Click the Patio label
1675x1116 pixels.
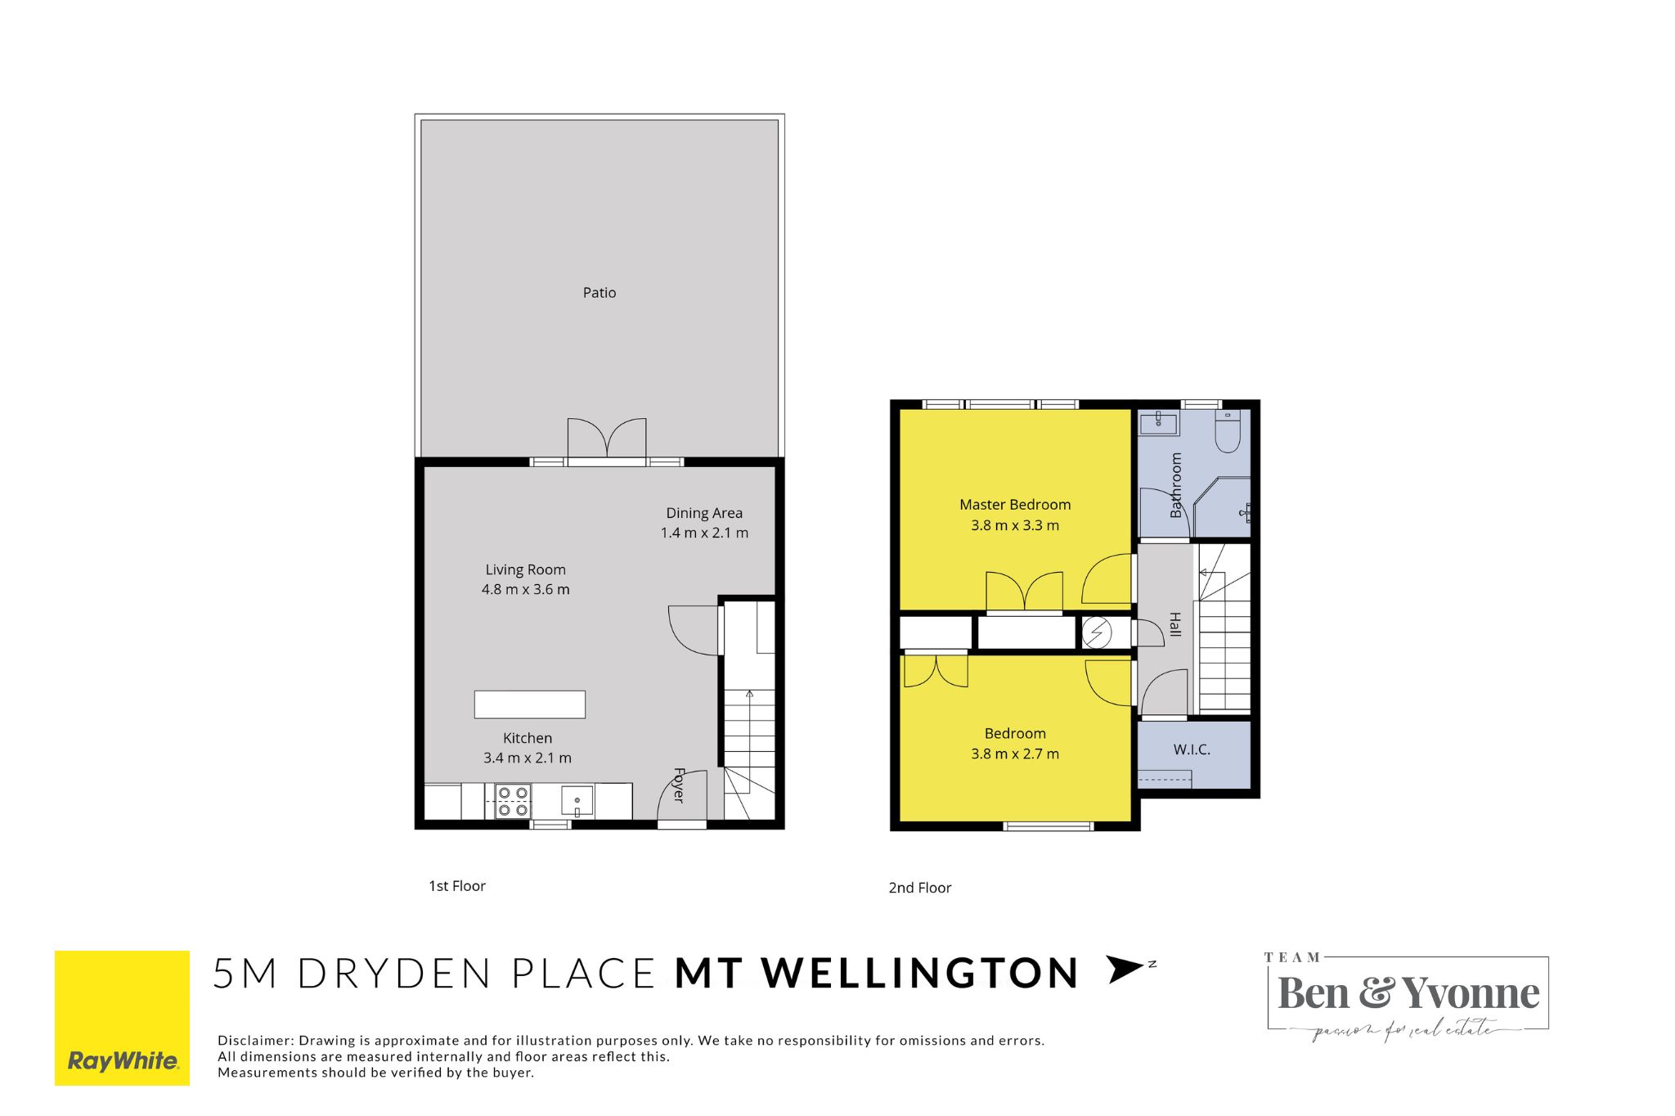[599, 292]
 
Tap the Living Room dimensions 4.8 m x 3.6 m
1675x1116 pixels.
[525, 589]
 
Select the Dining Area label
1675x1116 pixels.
[704, 513]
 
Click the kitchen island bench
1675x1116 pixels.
[530, 704]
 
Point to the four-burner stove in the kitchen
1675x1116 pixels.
[513, 801]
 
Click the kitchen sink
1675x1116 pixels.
[577, 801]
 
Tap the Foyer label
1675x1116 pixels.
[678, 785]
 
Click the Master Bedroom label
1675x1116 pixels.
[1015, 505]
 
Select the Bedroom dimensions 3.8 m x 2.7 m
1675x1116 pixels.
[1015, 754]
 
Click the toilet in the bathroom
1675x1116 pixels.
[1228, 430]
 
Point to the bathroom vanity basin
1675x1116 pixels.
[1159, 423]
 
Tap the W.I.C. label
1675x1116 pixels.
[1192, 749]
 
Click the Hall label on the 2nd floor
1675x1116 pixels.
[1175, 624]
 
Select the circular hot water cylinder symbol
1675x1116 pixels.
[1097, 632]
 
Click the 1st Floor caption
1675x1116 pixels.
[457, 886]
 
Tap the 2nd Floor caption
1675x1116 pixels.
[920, 888]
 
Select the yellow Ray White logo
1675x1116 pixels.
[122, 1018]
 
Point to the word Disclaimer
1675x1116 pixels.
[254, 1041]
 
